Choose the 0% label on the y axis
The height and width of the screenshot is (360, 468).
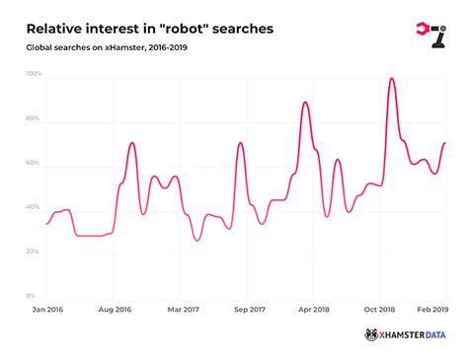pos(32,296)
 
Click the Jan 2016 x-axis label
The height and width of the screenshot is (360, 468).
pos(46,310)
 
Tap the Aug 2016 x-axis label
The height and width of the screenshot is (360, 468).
pos(115,310)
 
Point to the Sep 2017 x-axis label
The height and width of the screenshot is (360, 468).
pos(249,310)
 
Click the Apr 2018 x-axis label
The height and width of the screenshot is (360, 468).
pos(313,310)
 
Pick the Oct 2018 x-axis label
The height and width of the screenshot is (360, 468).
pos(381,310)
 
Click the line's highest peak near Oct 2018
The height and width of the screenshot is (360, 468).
pos(393,78)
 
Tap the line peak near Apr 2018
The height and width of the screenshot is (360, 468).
pos(305,102)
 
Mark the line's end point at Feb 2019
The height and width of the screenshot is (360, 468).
pos(445,143)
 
